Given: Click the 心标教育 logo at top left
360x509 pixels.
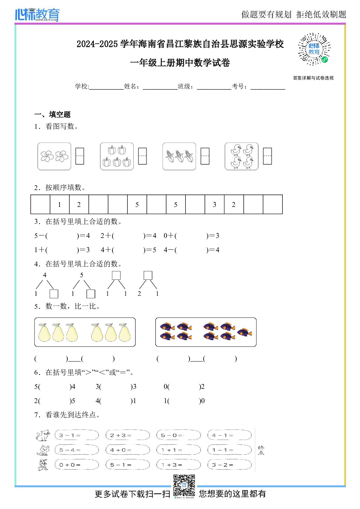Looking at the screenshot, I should pos(37,15).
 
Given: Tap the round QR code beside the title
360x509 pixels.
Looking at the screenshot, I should pos(314,49).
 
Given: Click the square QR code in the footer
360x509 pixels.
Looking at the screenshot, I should pos(184,485).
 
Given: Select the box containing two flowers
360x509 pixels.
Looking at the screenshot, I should pos(54,156).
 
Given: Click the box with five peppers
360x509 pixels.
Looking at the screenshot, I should pos(117,156).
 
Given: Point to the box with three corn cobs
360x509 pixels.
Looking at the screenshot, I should pos(179,156).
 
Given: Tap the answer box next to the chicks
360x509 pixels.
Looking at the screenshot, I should pos(267,156).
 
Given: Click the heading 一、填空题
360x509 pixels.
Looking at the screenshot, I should pos(53,114).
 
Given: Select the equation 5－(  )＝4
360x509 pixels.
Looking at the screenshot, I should pos(62,236).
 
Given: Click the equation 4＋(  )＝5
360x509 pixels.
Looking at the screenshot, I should pos(128,250).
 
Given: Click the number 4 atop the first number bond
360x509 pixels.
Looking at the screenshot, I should pos(45,275).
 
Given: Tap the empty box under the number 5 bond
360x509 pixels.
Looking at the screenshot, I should pos(91,294).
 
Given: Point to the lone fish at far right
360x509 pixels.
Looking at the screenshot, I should pos(244,332).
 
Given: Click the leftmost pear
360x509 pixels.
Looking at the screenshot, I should pos(44,333).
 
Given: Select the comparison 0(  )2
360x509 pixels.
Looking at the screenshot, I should pos(184,387).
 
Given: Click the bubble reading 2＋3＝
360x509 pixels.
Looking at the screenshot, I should pos(128,435).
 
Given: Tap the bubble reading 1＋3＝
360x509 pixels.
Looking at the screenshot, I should pos(179,465).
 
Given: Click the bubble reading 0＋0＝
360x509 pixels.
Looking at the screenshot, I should pos(77,465).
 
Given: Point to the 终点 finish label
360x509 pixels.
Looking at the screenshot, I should pos(261,450).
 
